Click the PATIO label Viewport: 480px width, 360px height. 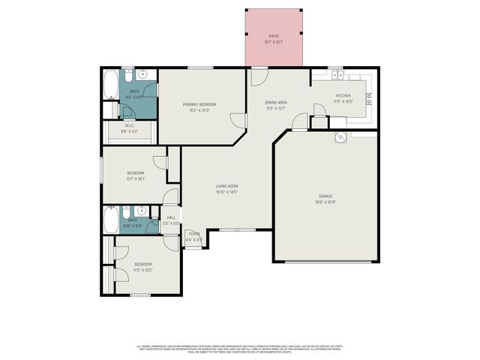[274, 36]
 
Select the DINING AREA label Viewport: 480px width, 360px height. [275, 102]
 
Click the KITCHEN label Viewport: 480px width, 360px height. [343, 96]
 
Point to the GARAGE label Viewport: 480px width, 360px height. [325, 196]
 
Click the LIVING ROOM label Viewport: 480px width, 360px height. [226, 186]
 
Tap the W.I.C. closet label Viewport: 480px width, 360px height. [129, 126]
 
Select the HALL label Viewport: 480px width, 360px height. [171, 217]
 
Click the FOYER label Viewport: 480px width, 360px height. [193, 234]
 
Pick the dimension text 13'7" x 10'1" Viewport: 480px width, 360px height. [135, 178]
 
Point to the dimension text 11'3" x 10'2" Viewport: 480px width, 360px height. [142, 269]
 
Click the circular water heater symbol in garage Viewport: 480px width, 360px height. [340, 136]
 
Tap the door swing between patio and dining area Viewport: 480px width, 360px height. [258, 75]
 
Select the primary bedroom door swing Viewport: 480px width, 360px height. [238, 120]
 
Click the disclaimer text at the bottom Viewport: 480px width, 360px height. [240, 349]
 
